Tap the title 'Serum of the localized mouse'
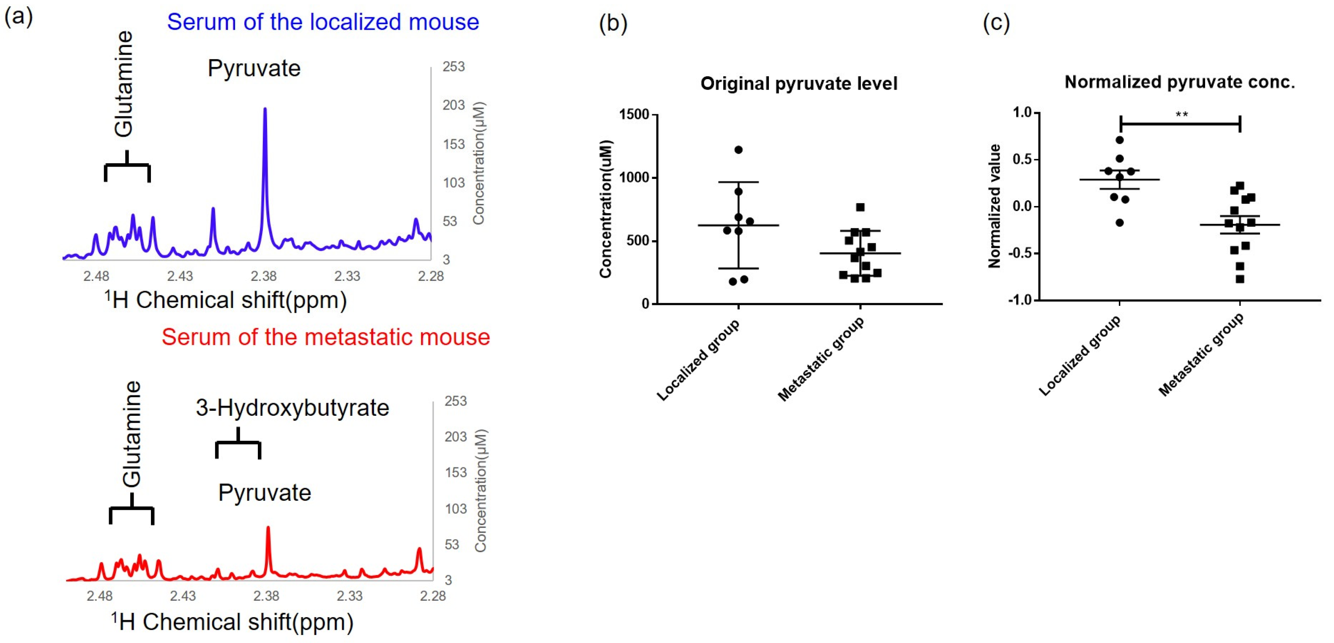pos(323,22)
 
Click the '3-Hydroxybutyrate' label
pos(292,408)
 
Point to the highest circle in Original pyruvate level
pos(738,150)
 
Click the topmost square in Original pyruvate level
pos(860,207)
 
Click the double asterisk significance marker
pos(1182,115)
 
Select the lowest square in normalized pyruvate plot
pos(1240,279)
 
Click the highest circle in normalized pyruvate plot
pos(1120,140)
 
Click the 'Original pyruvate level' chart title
pos(798,83)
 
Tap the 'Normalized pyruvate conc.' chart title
pos(1180,82)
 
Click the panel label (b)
pos(612,23)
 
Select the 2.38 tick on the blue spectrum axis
pos(264,276)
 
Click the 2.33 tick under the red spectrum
pos(350,596)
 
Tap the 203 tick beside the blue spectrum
pos(454,105)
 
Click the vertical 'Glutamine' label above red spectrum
pos(131,434)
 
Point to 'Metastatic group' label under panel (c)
pos(1200,355)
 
